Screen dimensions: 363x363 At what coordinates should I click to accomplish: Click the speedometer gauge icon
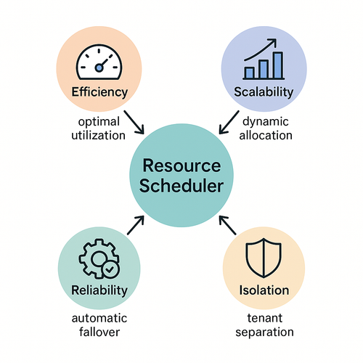click(x=99, y=62)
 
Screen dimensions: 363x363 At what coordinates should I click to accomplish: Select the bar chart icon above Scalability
click(x=264, y=60)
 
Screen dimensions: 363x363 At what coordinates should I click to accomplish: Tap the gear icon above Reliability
click(x=99, y=258)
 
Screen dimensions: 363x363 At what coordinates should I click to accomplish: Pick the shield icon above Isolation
click(x=264, y=258)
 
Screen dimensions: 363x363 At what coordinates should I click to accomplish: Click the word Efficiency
click(x=99, y=92)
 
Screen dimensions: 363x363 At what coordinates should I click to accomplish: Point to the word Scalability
click(x=264, y=92)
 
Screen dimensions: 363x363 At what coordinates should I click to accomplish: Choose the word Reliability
click(x=99, y=290)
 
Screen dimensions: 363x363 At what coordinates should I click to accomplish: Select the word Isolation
click(x=264, y=290)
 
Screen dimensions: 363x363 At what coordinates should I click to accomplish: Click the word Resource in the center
click(x=181, y=166)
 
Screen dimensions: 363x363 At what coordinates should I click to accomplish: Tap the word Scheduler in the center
click(x=181, y=186)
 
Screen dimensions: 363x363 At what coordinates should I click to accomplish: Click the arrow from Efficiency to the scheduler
click(x=134, y=122)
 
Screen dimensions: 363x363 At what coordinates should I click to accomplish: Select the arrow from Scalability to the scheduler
click(x=229, y=122)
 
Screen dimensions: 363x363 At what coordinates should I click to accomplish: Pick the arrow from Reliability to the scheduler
click(x=136, y=225)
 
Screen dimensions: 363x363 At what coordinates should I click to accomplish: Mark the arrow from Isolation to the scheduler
click(x=227, y=225)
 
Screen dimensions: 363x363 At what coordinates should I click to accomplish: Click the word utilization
click(x=98, y=135)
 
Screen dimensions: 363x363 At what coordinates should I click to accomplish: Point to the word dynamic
click(x=266, y=122)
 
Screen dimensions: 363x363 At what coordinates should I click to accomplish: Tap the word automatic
click(x=99, y=318)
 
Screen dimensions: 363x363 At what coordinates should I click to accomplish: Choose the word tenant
click(x=264, y=318)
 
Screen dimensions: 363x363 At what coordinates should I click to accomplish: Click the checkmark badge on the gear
click(x=110, y=269)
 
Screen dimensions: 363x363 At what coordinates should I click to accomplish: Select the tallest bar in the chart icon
click(x=278, y=65)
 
